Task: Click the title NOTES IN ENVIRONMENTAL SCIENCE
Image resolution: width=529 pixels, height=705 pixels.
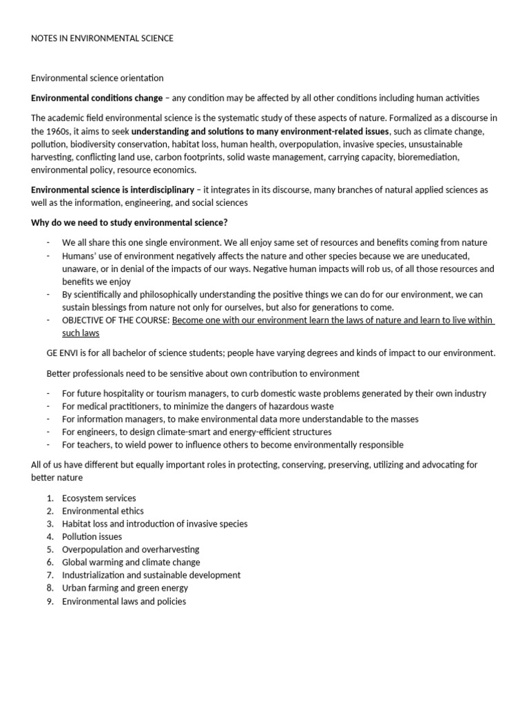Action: [102, 39]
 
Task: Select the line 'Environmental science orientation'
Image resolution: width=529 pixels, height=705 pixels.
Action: [97, 78]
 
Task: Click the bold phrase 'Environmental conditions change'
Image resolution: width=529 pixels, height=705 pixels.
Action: [97, 98]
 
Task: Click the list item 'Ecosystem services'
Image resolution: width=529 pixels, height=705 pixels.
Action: [98, 498]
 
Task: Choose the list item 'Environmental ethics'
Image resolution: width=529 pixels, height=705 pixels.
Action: [103, 511]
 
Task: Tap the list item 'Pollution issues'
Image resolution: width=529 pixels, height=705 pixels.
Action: [92, 536]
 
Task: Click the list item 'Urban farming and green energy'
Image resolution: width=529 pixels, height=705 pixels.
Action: [125, 588]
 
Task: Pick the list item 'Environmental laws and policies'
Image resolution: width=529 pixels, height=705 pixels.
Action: [124, 601]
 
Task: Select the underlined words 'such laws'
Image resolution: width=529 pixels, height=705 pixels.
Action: [80, 333]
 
